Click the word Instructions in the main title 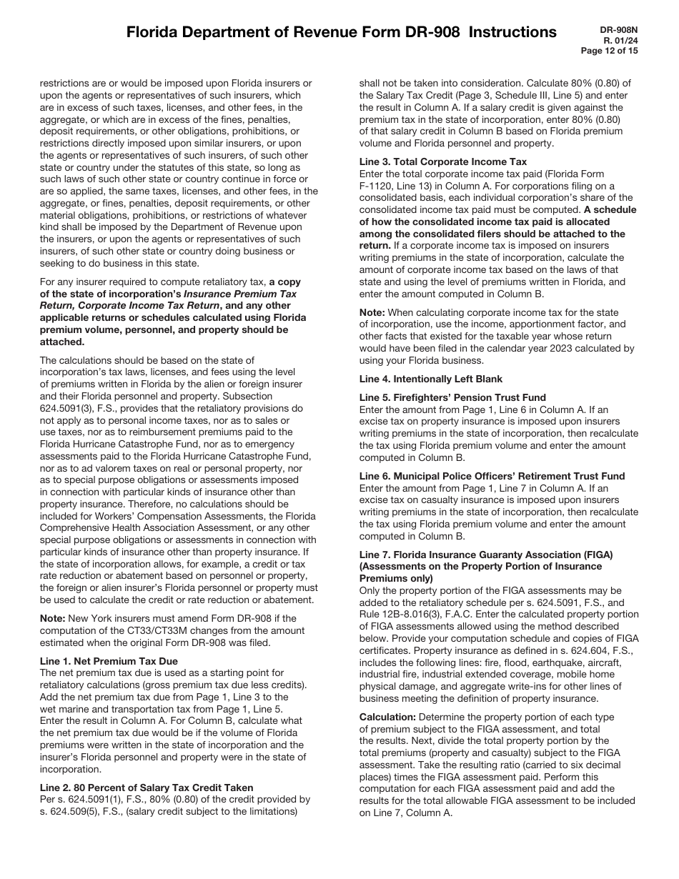512,31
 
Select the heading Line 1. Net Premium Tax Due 109,661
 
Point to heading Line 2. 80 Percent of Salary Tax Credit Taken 147,788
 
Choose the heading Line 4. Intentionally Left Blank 431,379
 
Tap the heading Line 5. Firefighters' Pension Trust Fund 452,397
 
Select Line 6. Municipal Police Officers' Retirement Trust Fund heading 492,476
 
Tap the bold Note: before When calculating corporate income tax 372,312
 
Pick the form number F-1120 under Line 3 376,186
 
